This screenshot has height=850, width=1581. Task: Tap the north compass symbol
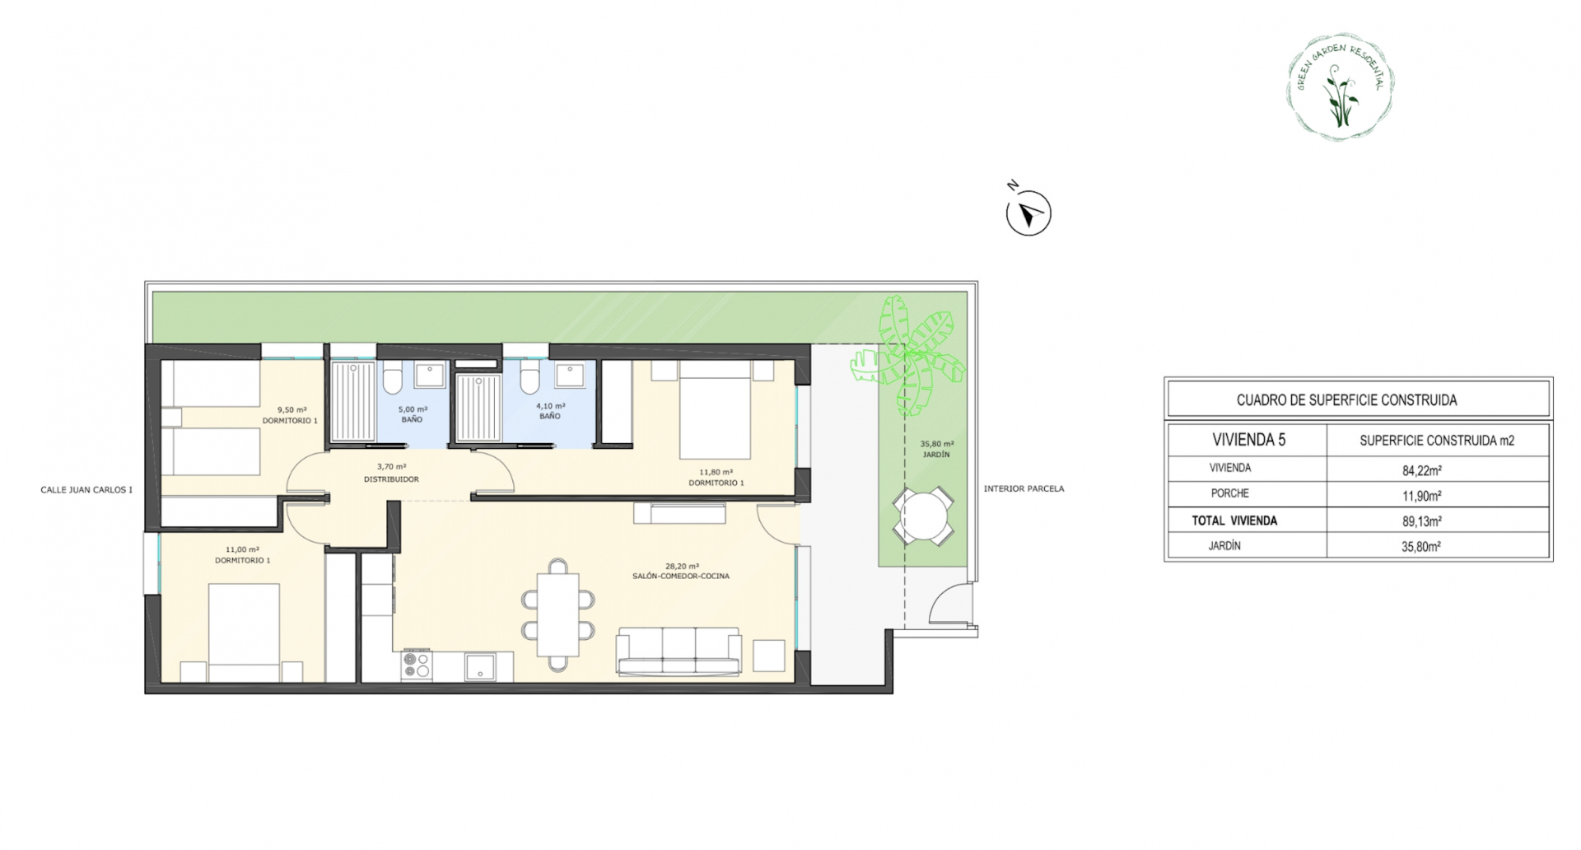point(1028,212)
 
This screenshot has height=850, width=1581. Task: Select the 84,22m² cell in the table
point(1421,470)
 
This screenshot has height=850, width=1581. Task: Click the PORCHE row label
point(1229,493)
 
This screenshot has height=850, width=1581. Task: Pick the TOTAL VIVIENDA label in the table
point(1234,521)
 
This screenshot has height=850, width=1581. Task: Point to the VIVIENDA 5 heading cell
point(1249,440)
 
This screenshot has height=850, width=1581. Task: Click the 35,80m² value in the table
point(1421,545)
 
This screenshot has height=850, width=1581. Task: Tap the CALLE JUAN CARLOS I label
point(86,489)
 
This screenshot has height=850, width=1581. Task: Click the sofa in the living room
point(679,652)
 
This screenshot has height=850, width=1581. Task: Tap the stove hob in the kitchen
point(417,666)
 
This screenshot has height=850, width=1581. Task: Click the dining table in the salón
point(558,614)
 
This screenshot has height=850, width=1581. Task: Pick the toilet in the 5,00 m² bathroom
point(393,381)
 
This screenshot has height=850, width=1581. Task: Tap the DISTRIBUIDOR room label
point(392,479)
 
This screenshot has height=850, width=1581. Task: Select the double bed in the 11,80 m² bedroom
point(715,412)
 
